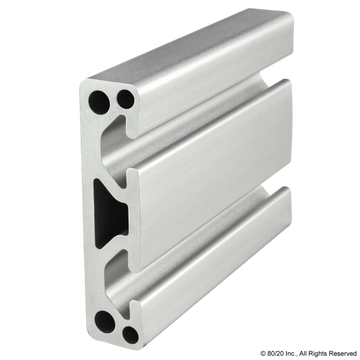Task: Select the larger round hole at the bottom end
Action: (x=107, y=321)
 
